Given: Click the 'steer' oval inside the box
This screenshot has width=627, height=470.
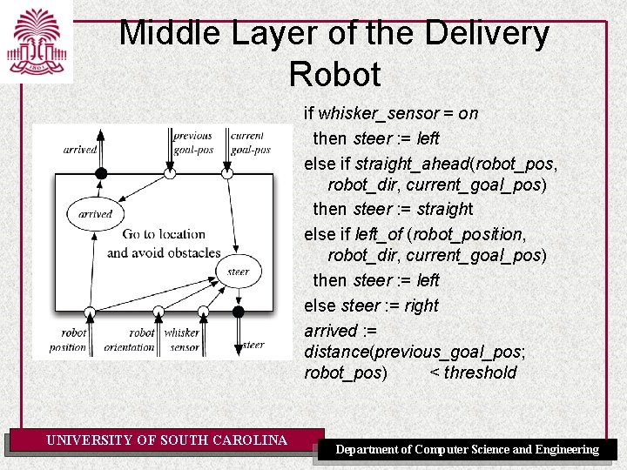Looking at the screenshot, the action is [238, 272].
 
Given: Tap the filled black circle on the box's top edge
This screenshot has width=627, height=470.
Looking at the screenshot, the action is [101, 174].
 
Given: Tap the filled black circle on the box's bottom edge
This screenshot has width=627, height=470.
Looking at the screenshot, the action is [239, 312].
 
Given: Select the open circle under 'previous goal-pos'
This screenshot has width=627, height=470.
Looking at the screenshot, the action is [170, 174].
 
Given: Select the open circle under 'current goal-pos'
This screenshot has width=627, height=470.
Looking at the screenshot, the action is [227, 174].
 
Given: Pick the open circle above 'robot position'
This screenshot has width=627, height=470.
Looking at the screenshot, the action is [90, 312].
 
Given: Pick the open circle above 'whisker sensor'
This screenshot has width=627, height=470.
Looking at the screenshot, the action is [203, 312].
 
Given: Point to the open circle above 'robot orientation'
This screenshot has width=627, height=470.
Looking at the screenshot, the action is [158, 312].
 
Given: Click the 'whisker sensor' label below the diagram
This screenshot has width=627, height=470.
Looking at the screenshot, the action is [182, 339].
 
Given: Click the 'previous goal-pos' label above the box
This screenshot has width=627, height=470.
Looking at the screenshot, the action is [192, 143].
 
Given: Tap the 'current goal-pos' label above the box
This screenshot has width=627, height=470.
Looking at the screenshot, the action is [250, 143].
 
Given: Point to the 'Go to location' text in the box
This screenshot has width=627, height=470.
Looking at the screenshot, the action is [164, 234].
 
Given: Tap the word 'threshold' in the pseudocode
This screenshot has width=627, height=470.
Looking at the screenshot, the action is [480, 373].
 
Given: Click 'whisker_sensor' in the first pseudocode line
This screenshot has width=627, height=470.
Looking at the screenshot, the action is [378, 113].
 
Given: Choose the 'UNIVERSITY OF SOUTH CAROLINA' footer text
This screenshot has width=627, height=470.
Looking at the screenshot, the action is [166, 440].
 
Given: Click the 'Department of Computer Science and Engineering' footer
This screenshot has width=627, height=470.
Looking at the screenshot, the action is [468, 449].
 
